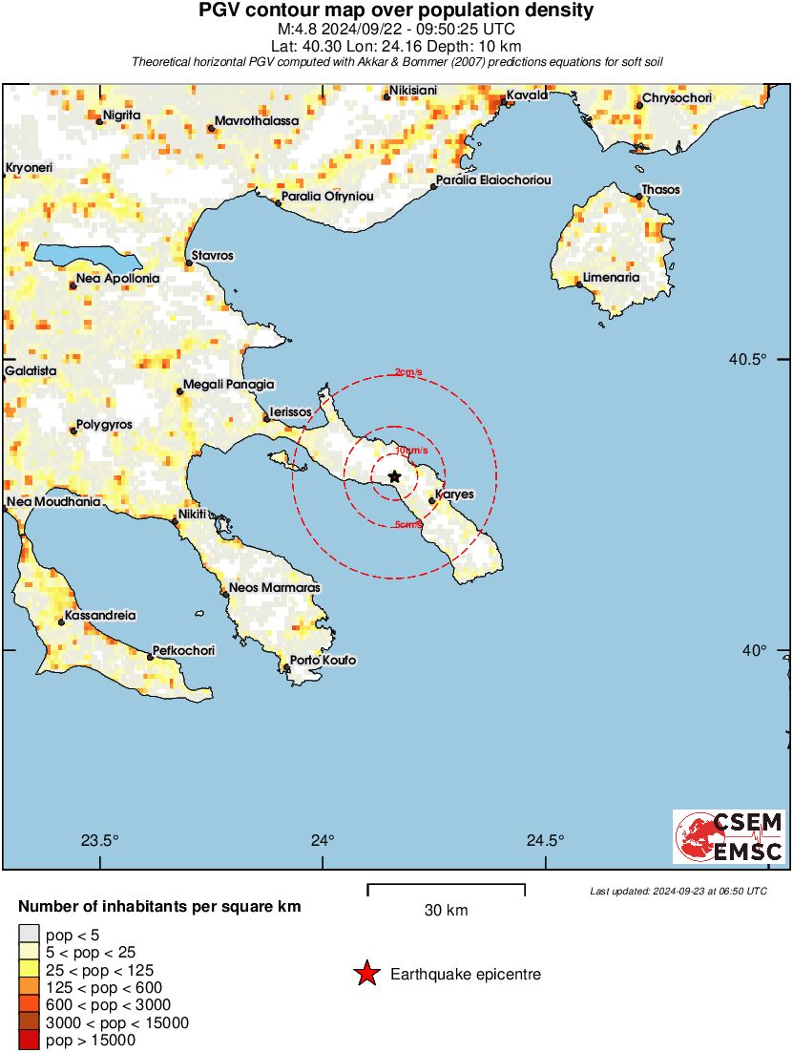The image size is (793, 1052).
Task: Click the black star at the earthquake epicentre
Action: point(394,475)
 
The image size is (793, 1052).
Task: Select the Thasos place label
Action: point(660,190)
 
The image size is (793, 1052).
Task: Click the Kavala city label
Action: point(527,95)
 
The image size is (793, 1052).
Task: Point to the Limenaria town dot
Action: point(579,284)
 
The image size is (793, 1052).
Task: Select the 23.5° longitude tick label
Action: point(99,841)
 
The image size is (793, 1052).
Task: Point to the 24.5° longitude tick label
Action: point(546,841)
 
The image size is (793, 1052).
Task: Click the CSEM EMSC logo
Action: point(730,836)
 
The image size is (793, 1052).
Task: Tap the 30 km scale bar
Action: point(446,891)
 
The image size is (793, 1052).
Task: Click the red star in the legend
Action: point(365,975)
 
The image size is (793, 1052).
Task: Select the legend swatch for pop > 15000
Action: point(29,1040)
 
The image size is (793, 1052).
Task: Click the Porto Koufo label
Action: point(323,661)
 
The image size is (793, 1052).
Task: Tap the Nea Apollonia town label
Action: point(118,279)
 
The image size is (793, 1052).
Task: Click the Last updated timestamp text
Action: point(678,891)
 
